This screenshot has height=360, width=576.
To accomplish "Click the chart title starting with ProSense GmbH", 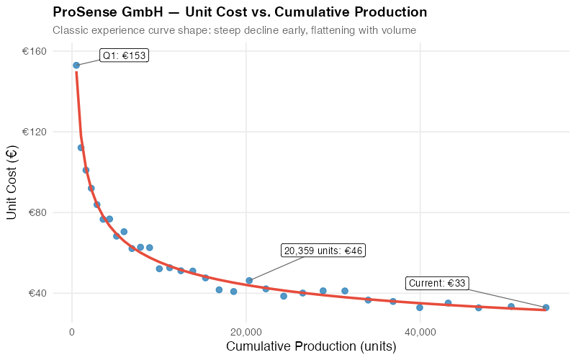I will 240,12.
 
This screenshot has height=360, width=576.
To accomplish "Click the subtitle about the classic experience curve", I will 234,30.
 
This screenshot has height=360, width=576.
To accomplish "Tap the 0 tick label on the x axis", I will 72,331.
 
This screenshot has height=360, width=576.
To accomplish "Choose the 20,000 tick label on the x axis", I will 246,331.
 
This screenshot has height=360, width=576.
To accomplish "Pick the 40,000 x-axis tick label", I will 420,331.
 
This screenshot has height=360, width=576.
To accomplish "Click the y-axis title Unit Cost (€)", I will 12,182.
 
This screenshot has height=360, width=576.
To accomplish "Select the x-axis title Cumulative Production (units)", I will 311,346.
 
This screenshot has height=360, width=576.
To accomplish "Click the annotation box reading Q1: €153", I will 124,55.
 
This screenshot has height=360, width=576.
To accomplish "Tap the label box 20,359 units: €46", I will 324,251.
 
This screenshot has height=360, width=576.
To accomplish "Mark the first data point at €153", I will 76,66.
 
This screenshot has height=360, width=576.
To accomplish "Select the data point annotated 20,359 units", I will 249,281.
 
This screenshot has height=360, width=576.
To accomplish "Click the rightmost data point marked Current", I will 546,307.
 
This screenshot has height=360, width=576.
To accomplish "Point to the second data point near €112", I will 81,148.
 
